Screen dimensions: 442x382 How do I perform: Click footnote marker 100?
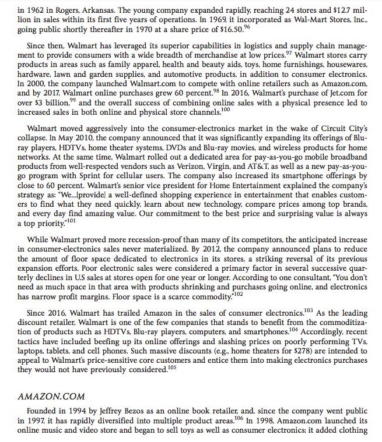(x=225, y=109)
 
